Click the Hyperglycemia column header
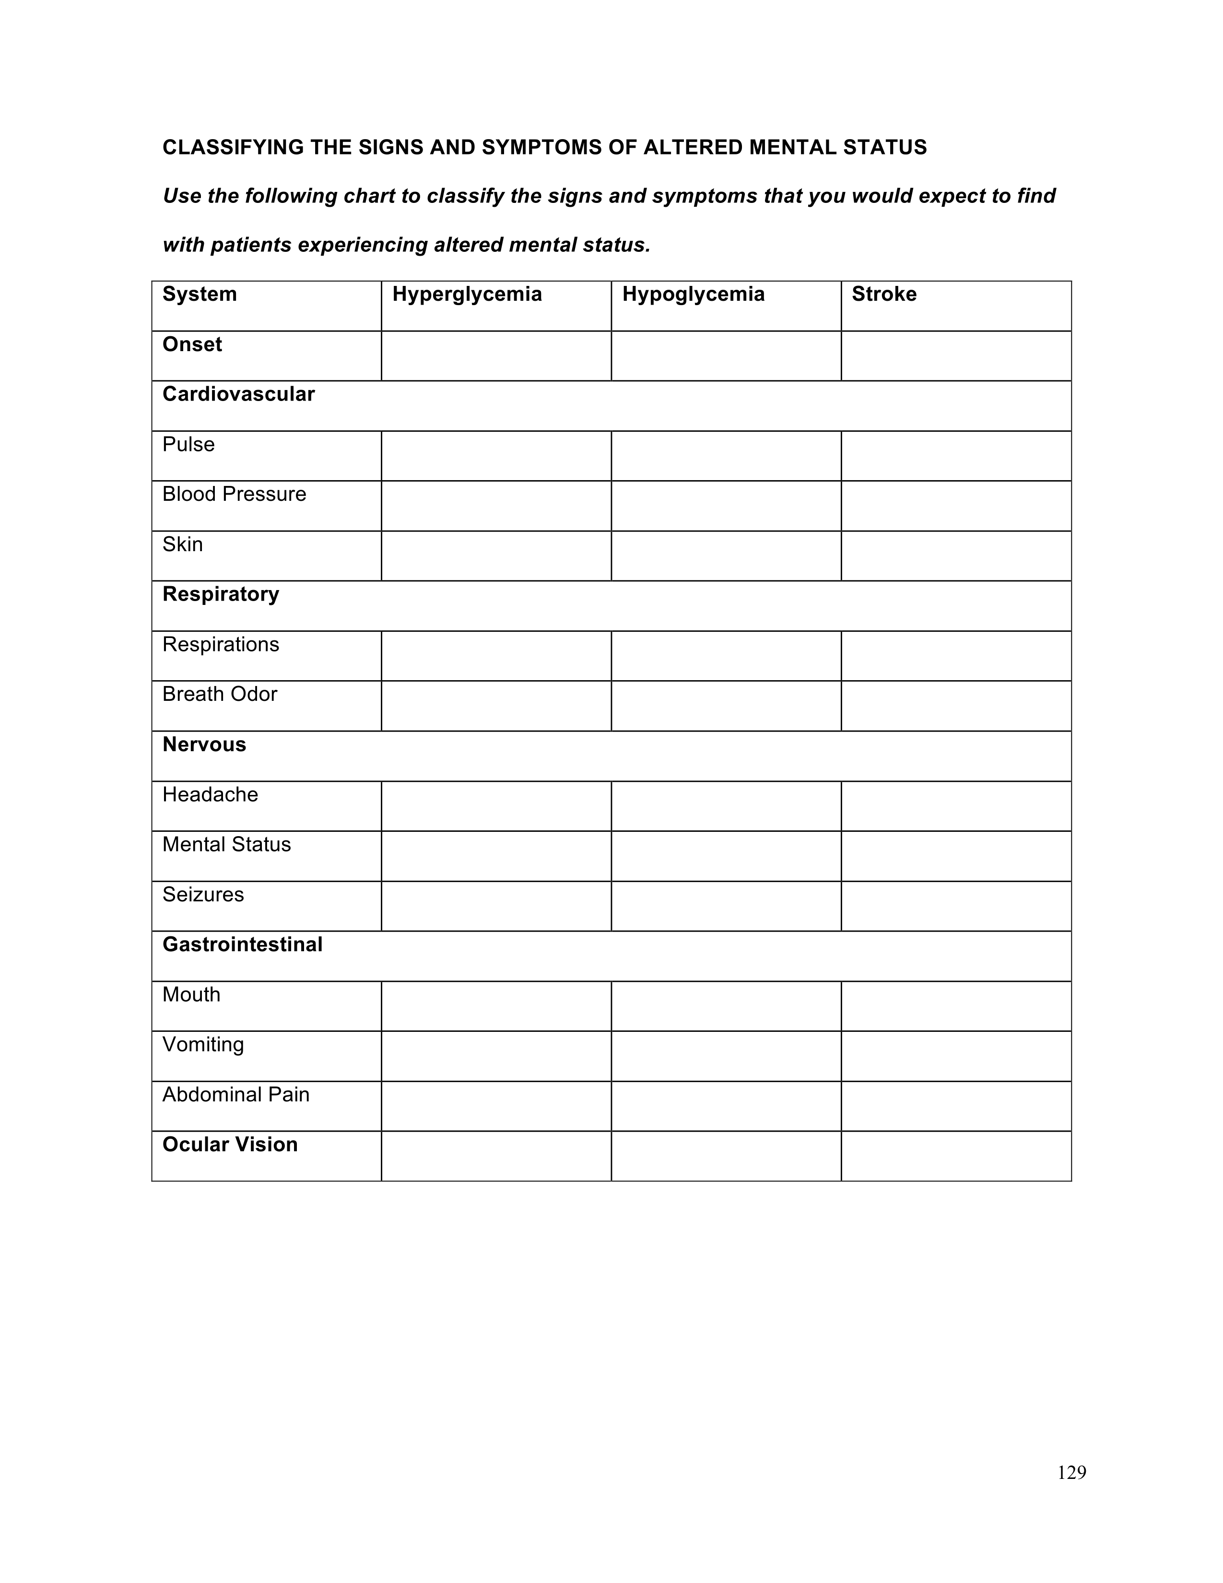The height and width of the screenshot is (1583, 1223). [467, 294]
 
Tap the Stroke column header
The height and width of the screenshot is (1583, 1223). [884, 294]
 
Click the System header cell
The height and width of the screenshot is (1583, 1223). [199, 294]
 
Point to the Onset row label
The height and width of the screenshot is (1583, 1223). [192, 344]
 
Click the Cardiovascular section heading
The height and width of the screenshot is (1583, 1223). [238, 394]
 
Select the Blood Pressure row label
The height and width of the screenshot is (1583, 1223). [234, 494]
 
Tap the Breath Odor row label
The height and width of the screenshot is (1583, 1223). [220, 695]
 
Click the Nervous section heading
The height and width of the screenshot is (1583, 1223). [204, 744]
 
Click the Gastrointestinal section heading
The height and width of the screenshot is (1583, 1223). [242, 945]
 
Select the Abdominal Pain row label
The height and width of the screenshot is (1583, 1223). [235, 1095]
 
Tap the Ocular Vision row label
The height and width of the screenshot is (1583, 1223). [230, 1145]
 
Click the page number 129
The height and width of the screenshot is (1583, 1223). [1071, 1473]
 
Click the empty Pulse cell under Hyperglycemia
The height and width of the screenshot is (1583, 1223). [496, 456]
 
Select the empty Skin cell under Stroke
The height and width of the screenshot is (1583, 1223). [956, 556]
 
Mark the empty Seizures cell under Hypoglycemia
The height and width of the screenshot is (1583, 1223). [726, 906]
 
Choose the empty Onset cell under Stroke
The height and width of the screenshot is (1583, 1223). [956, 356]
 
